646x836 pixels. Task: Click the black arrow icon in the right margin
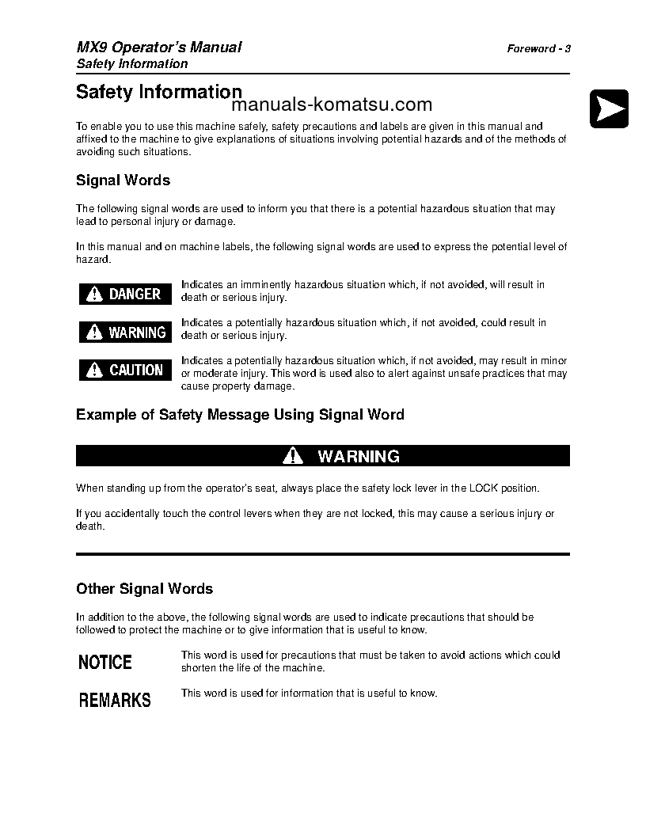(609, 108)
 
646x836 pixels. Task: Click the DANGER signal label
(125, 294)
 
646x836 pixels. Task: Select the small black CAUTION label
(125, 370)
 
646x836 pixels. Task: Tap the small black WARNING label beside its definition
(125, 332)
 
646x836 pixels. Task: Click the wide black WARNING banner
(322, 456)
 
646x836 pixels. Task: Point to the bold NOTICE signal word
(105, 662)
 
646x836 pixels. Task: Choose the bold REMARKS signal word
(115, 700)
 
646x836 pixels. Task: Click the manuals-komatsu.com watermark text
(332, 105)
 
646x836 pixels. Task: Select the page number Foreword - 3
(538, 48)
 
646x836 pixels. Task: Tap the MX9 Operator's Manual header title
(158, 47)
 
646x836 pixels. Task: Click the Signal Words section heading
(123, 180)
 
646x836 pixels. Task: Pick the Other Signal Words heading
(144, 589)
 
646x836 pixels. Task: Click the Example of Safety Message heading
(240, 414)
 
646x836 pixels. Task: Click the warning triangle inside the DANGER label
(95, 294)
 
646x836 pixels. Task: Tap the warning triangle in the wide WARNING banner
(293, 456)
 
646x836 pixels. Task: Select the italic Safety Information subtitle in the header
(131, 64)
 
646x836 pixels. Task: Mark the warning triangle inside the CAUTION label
(95, 370)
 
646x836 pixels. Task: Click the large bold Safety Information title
(158, 92)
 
